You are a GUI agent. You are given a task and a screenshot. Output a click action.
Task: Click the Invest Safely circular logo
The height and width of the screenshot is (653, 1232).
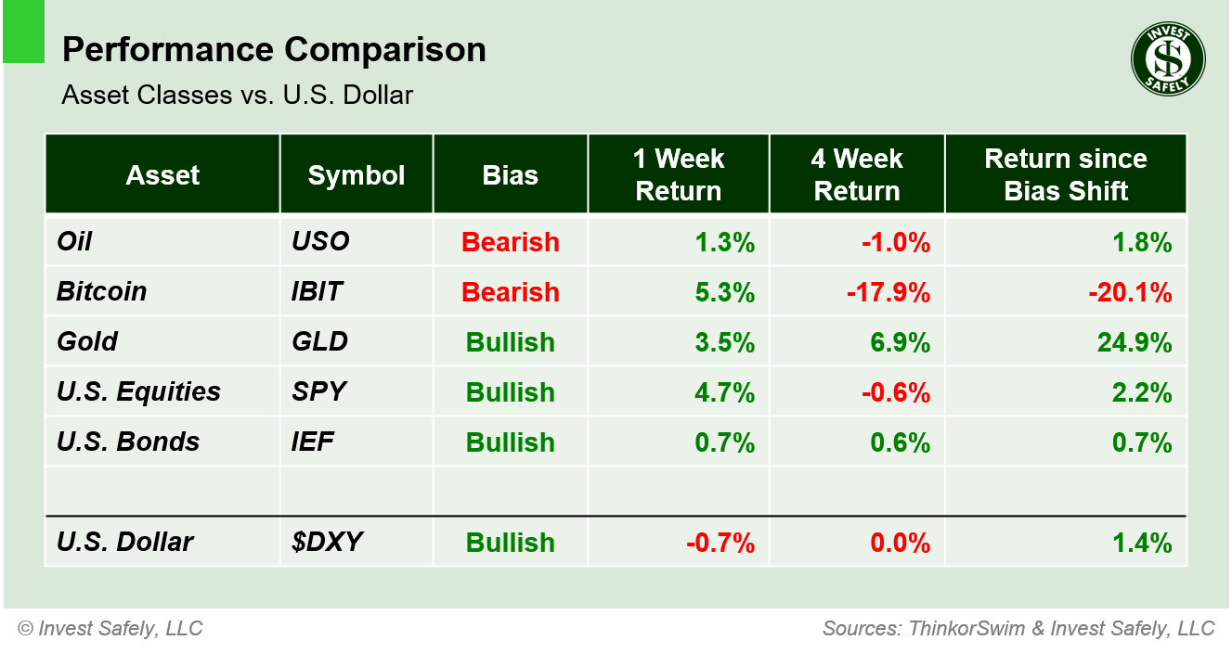tap(1168, 59)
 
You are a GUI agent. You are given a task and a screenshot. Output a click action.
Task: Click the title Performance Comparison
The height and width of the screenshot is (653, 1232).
tap(274, 50)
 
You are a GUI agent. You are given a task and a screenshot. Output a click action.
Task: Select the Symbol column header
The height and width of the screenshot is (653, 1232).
tap(357, 175)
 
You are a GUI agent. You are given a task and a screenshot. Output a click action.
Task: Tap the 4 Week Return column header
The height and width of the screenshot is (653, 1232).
tap(857, 175)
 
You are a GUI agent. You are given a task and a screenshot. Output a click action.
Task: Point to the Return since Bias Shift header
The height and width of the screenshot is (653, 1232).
tap(1066, 175)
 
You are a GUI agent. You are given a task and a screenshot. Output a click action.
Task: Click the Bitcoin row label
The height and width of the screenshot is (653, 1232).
tap(102, 291)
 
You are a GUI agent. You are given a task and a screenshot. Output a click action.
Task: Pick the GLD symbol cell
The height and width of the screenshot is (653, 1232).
tap(319, 341)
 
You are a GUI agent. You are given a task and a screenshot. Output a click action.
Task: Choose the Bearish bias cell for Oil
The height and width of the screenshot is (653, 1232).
tap(511, 242)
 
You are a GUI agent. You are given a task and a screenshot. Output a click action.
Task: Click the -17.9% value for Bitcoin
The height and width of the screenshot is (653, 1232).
tap(888, 292)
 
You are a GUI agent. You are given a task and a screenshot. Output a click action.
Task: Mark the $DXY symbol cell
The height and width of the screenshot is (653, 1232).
tap(321, 543)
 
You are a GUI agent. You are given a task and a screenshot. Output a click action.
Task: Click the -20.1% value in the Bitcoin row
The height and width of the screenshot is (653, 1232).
tap(1130, 292)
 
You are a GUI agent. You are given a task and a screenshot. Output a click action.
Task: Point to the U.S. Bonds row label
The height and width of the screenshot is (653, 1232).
tap(128, 442)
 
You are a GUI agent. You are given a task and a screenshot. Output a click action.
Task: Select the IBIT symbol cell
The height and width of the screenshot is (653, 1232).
tap(317, 291)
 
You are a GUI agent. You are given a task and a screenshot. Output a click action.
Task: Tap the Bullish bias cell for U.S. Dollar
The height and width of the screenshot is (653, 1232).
tap(511, 543)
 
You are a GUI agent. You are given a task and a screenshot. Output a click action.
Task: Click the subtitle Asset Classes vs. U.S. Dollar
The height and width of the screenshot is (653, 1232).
tap(237, 95)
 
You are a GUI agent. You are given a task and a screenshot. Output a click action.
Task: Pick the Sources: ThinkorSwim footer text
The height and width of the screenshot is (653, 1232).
tap(1018, 629)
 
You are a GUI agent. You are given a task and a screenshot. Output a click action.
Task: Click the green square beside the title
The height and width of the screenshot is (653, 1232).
tap(23, 32)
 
